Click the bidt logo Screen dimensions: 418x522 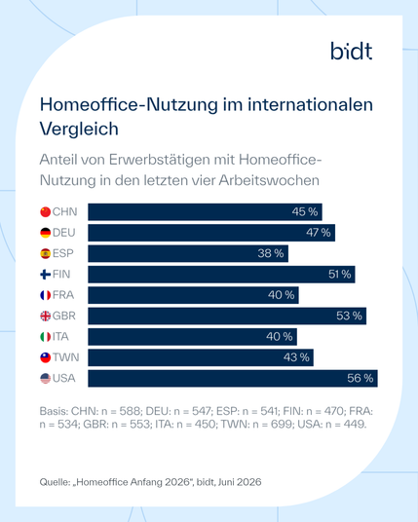(352, 51)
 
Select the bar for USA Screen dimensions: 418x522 (233, 378)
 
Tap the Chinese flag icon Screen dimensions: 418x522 (45, 211)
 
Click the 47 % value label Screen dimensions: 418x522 (318, 233)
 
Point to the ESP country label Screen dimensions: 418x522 (63, 253)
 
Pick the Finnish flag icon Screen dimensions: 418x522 (45, 275)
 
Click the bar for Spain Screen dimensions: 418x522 (188, 253)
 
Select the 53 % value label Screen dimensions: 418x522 (349, 316)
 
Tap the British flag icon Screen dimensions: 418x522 (45, 316)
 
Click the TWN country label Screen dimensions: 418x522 (66, 357)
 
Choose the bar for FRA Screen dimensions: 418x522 (193, 295)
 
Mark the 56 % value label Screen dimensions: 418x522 (361, 378)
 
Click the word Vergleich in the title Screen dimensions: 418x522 (79, 129)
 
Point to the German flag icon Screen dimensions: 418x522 (45, 233)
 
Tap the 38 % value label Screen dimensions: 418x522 (271, 253)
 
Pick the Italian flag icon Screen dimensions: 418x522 (45, 337)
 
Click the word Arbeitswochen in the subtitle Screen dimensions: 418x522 (269, 180)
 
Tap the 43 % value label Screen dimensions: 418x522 (296, 357)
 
